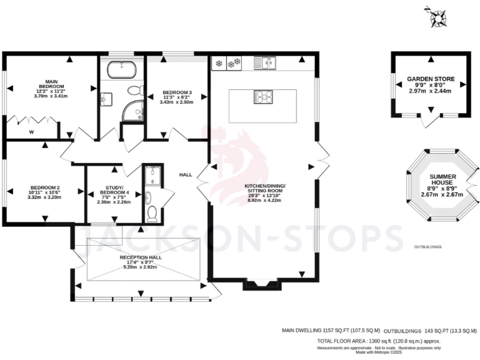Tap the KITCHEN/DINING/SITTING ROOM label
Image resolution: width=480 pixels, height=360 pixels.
[264, 190]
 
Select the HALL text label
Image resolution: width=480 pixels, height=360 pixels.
[186, 175]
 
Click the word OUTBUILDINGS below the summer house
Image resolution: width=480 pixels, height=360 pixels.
[427, 247]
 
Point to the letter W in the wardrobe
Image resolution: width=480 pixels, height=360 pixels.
[31, 132]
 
